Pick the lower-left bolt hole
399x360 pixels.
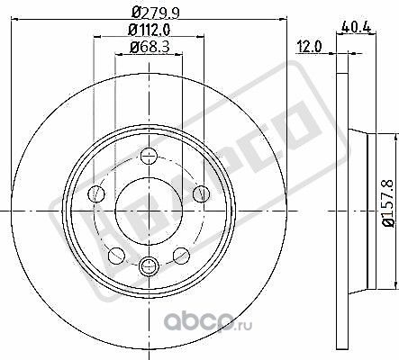[x=114, y=254]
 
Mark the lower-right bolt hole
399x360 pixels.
[x=181, y=254]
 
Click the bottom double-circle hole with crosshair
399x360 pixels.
[x=148, y=264]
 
